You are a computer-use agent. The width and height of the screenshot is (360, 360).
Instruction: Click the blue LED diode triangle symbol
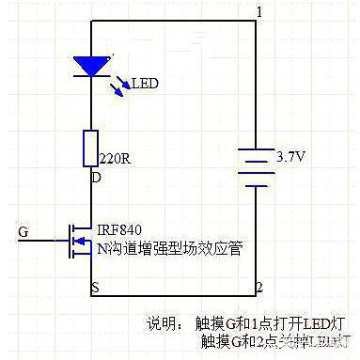(x=90, y=66)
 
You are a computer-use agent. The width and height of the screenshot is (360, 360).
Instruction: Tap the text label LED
(x=145, y=84)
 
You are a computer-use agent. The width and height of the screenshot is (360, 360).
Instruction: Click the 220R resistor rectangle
(x=91, y=147)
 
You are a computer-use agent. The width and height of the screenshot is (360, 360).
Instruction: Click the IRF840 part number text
(x=118, y=229)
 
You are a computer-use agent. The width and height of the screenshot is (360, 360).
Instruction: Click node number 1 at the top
(x=259, y=10)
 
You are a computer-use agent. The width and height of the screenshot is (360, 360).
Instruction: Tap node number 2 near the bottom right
(x=259, y=284)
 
